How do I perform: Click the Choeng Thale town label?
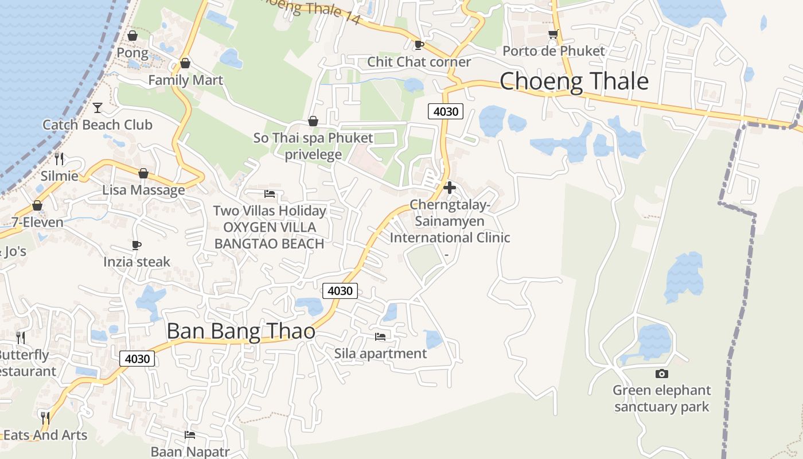[x=574, y=81]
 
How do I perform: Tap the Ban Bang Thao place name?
[x=241, y=331]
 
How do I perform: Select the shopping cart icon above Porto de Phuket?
[x=553, y=34]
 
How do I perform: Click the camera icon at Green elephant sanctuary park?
[x=661, y=374]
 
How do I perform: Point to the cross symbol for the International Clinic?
[x=450, y=188]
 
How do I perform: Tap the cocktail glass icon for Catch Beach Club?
[x=98, y=107]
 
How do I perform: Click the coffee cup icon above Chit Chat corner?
[x=419, y=45]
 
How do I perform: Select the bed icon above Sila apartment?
[x=380, y=336]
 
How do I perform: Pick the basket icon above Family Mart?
[x=185, y=63]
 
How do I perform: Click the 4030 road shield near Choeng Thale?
[x=446, y=111]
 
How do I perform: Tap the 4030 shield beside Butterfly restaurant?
[x=138, y=359]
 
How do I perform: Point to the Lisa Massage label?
[x=143, y=190]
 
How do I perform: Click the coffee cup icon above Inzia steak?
[x=137, y=245]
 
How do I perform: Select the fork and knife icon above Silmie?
[x=59, y=158]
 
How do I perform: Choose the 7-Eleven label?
[x=37, y=221]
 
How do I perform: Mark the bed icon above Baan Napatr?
[x=190, y=434]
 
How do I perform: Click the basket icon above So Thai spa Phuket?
[x=313, y=121]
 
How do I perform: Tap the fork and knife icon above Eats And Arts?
[x=45, y=417]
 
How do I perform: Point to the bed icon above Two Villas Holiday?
[x=270, y=193]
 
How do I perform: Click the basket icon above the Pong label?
[x=132, y=36]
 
